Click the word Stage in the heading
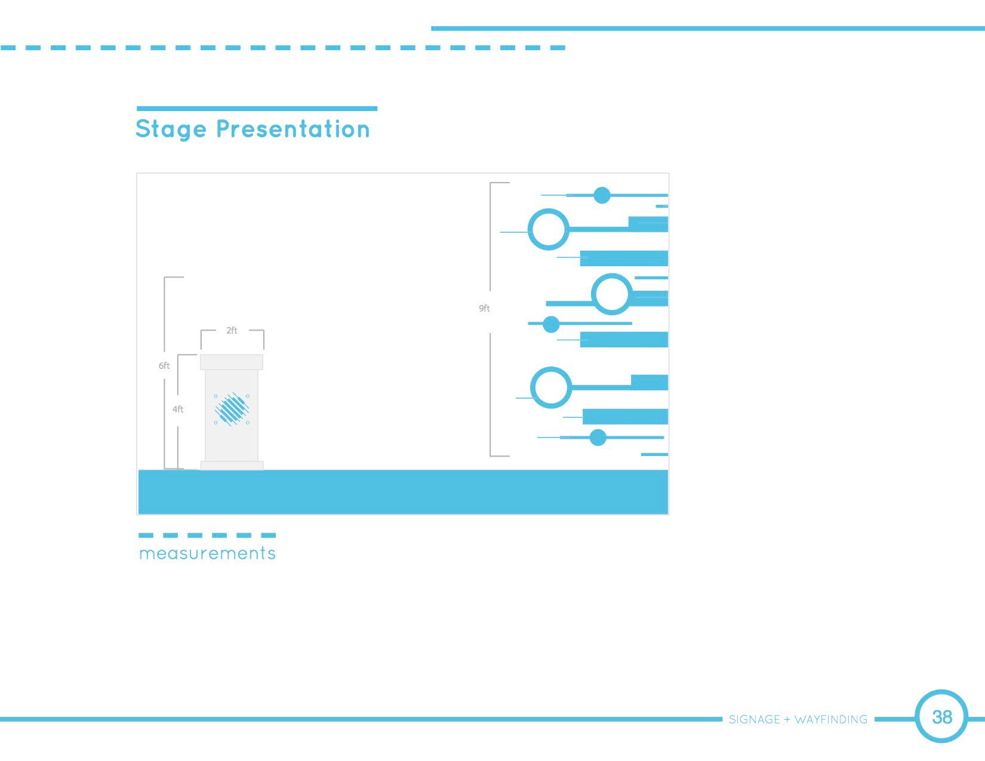click(x=171, y=129)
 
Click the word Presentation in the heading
click(x=293, y=129)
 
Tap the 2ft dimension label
click(x=232, y=331)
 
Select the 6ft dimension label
click(x=164, y=365)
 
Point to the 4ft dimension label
click(x=178, y=409)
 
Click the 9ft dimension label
click(x=484, y=308)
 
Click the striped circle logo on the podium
click(x=232, y=409)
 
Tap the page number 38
click(x=942, y=717)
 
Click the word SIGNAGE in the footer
click(x=755, y=719)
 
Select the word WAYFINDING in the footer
click(x=831, y=719)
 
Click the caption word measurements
click(x=208, y=553)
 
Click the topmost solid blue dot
click(x=602, y=195)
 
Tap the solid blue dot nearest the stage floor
click(x=598, y=438)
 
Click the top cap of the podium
click(x=232, y=362)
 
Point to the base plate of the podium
click(x=232, y=466)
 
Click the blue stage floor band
click(x=403, y=492)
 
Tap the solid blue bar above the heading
click(x=257, y=108)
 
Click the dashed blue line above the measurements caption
click(x=207, y=535)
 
